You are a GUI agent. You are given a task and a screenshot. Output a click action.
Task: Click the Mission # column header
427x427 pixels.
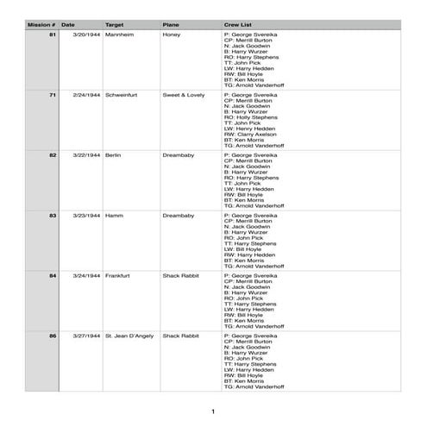41,26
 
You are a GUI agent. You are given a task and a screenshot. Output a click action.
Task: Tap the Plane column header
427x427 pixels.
171,26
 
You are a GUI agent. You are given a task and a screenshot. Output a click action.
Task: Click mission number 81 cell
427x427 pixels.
53,35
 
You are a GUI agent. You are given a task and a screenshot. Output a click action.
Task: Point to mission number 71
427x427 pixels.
53,95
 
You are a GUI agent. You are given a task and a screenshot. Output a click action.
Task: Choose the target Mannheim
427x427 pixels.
119,35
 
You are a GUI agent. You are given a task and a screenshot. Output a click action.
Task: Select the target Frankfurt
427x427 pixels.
117,274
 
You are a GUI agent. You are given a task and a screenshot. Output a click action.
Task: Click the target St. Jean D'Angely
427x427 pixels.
129,334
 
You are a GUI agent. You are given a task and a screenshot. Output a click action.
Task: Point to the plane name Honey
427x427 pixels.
171,35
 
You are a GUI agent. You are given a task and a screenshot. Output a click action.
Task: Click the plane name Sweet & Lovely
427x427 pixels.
184,95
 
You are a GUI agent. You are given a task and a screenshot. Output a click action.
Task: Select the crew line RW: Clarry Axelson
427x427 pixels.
257,135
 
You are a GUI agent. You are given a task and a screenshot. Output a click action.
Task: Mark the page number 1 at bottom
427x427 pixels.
213,411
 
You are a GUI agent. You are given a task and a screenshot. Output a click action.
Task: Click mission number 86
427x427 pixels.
53,334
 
